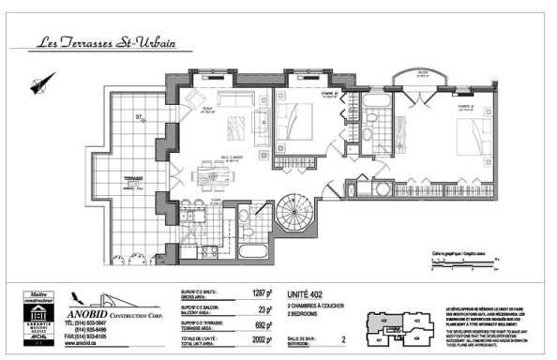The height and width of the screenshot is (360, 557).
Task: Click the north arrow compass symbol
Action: [38, 85]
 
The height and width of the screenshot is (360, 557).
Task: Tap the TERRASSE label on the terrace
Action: [118, 177]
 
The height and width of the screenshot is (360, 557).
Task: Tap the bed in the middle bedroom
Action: [300, 121]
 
